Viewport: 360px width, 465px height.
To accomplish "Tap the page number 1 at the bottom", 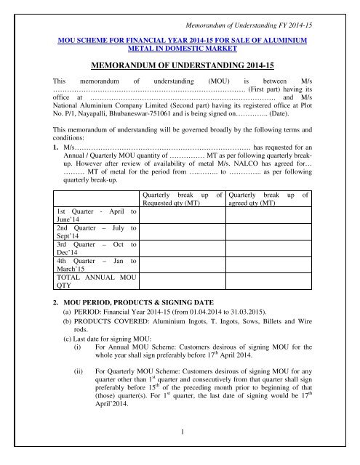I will (x=179, y=452).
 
